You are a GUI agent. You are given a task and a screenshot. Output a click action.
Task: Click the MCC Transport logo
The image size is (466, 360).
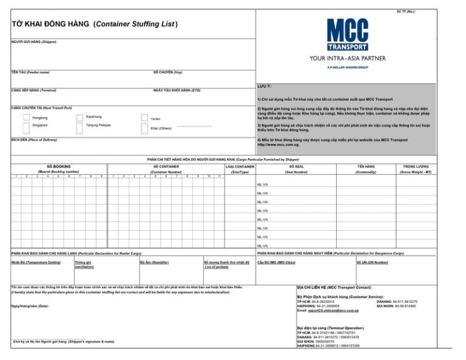point(347,35)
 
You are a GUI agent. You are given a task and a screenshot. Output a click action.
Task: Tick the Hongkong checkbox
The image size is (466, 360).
point(27,118)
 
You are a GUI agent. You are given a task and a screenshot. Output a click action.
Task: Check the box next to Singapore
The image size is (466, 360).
point(27,127)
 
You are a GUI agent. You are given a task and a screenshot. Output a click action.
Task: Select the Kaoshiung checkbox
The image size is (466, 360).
point(79,118)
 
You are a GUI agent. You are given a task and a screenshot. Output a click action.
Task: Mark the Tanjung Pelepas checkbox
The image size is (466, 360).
point(79,127)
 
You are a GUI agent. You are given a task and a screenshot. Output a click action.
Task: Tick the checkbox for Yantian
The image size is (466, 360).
point(144,118)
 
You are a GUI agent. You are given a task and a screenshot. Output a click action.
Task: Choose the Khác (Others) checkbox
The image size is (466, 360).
point(144,127)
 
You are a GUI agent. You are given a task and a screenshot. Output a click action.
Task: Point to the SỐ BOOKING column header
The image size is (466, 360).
point(59,166)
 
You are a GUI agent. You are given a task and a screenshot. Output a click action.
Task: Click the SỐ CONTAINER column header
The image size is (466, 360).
point(166,166)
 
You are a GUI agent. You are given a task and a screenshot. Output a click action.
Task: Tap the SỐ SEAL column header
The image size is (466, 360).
point(296,166)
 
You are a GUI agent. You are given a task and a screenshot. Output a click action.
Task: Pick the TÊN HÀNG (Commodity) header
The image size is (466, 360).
point(366,166)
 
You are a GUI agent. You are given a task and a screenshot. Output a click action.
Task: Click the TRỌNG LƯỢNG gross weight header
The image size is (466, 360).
point(416,166)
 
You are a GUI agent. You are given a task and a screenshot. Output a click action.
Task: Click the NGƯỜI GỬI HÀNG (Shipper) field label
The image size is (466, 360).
point(33,41)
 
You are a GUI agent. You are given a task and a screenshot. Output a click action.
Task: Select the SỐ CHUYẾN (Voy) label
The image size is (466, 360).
point(167,72)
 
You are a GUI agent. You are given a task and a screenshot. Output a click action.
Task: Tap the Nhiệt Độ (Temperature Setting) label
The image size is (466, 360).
point(36,262)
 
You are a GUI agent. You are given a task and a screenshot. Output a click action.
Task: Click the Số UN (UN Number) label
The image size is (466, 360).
point(372,262)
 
